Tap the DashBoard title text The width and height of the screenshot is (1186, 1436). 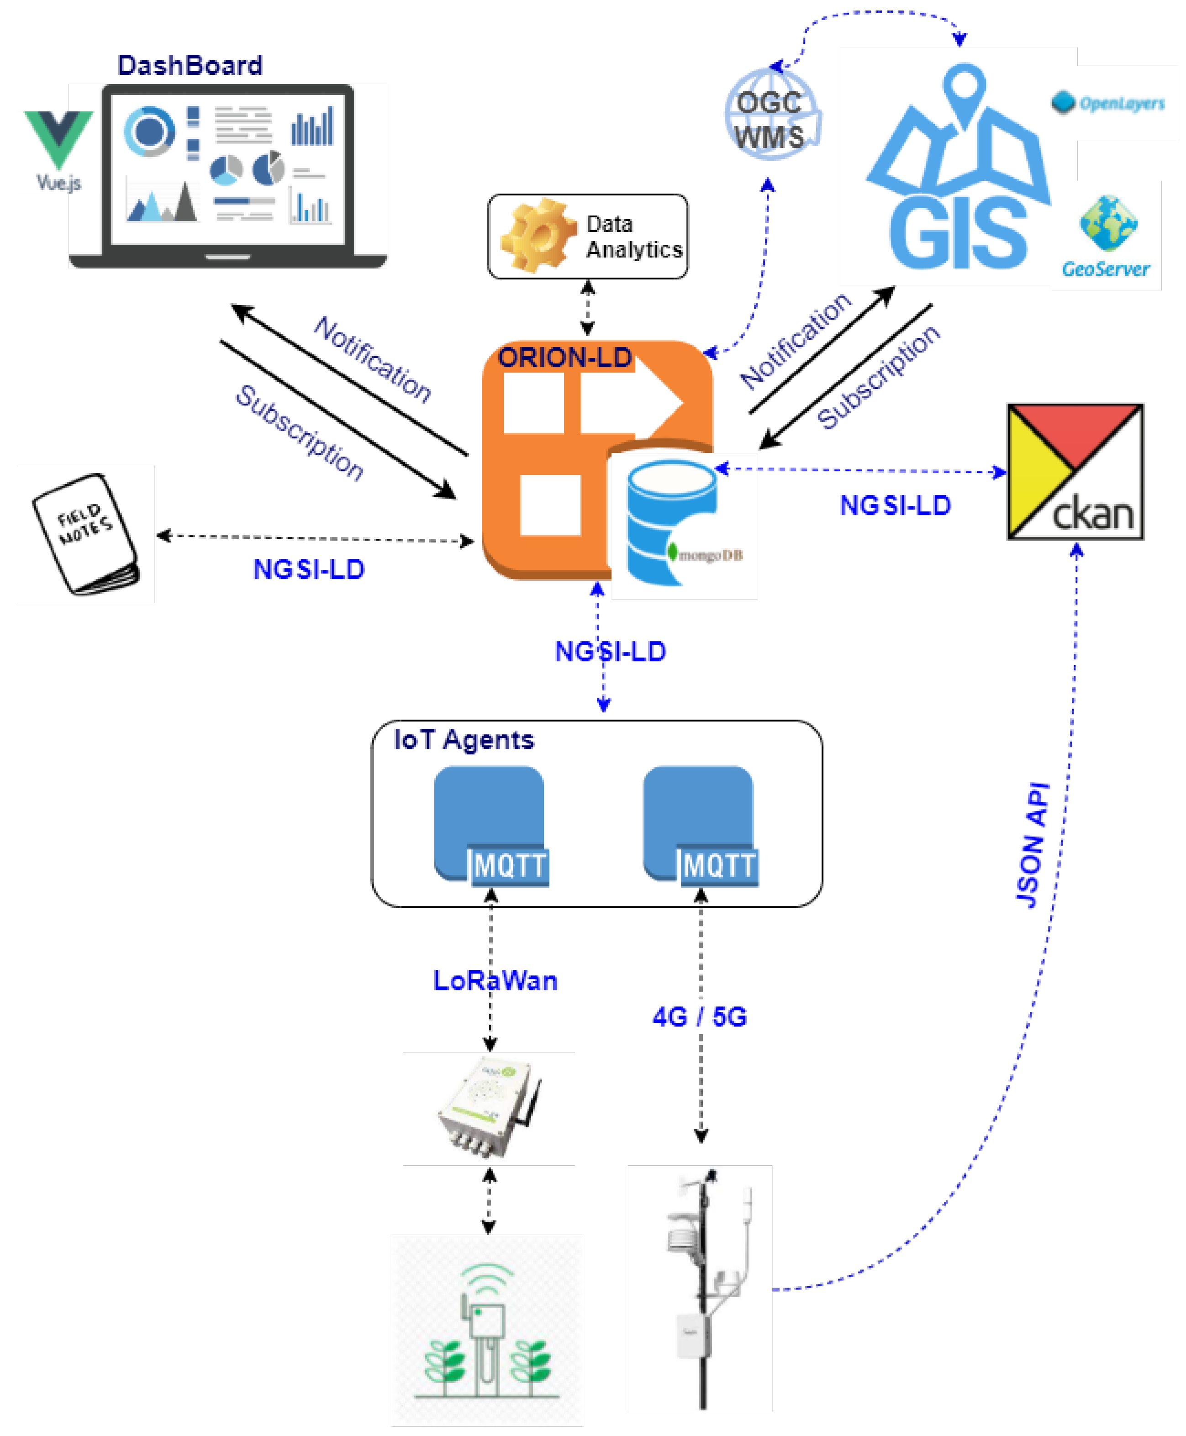click(x=190, y=66)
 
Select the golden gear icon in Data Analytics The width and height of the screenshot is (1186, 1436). click(x=539, y=236)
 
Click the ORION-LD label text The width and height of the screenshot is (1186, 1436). click(x=564, y=358)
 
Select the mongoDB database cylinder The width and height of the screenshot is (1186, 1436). click(x=672, y=523)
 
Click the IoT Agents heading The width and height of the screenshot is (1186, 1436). click(x=464, y=740)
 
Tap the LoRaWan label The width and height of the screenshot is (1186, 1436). click(x=495, y=981)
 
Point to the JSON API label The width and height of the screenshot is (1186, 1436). click(x=1032, y=846)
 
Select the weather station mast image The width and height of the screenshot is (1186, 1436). click(x=700, y=1287)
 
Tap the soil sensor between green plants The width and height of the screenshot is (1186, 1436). click(x=486, y=1340)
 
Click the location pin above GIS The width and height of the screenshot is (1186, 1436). click(x=965, y=92)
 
